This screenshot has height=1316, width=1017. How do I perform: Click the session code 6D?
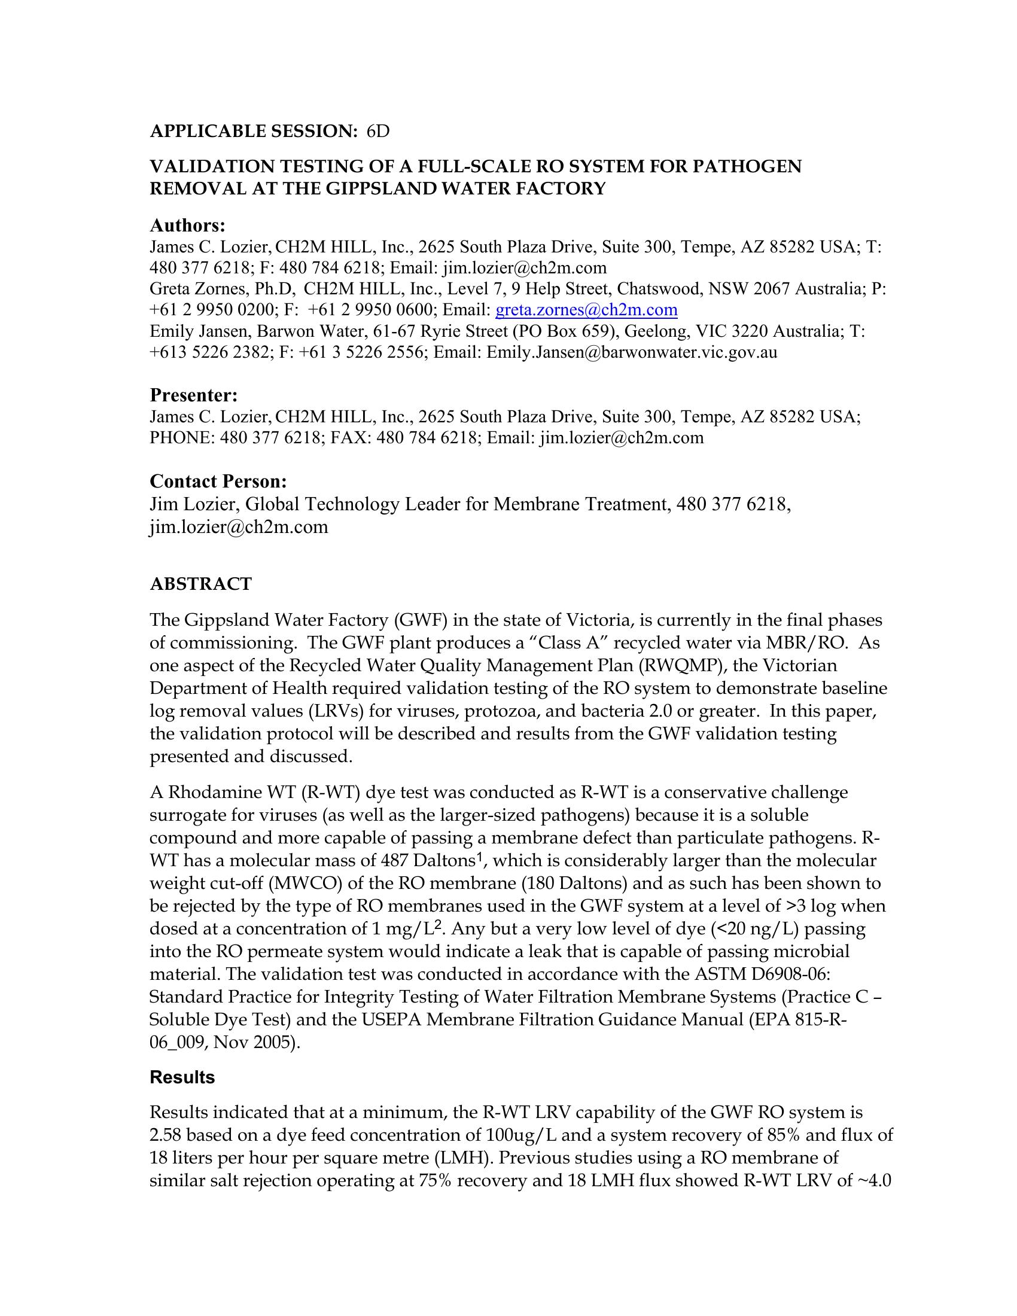click(378, 132)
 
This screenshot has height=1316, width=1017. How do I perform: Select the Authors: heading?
click(187, 226)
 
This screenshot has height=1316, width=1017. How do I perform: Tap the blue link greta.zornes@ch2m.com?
click(586, 310)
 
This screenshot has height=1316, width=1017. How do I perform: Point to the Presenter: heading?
click(193, 395)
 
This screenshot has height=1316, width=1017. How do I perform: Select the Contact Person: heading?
click(218, 482)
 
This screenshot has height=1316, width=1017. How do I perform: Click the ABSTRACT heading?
click(200, 584)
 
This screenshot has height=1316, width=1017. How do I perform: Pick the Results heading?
click(182, 1077)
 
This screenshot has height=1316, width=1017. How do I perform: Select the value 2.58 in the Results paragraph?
click(165, 1135)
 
